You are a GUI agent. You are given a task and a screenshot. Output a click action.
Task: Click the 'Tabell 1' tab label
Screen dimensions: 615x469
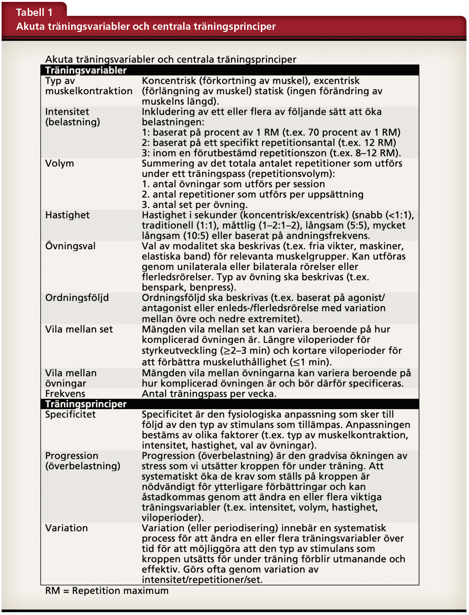point(34,12)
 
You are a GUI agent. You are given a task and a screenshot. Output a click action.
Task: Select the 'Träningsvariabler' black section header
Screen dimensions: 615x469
point(86,70)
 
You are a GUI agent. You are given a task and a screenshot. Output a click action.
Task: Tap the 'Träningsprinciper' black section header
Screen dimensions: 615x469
point(86,404)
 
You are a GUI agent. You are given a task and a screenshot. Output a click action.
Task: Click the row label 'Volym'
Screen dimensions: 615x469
point(59,163)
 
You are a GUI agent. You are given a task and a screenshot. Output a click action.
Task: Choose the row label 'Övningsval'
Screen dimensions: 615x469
point(70,246)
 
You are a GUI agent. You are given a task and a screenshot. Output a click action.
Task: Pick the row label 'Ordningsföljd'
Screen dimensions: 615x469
point(77,298)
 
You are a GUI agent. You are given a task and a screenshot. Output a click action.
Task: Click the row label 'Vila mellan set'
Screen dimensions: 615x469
point(79,329)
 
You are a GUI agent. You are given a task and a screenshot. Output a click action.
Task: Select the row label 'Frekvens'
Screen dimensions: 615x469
point(65,394)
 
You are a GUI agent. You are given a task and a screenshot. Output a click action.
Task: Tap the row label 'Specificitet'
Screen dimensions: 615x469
point(70,414)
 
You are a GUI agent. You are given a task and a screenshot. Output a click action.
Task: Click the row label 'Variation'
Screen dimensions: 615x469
point(66,528)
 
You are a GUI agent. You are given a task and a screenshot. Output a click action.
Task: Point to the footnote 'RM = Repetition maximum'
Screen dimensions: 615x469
point(107,591)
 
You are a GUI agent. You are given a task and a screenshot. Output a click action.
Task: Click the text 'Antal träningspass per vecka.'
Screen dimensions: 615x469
point(209,394)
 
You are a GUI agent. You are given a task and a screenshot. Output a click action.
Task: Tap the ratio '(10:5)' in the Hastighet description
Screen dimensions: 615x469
point(196,236)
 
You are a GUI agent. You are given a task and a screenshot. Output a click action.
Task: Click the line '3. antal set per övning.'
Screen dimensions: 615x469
point(194,205)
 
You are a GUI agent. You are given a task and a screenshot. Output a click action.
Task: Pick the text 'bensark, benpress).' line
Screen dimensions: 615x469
point(189,287)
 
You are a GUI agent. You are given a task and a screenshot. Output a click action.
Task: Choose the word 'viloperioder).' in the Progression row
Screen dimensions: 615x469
point(172,517)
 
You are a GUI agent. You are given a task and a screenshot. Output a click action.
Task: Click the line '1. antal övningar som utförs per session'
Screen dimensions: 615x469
point(233,184)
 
